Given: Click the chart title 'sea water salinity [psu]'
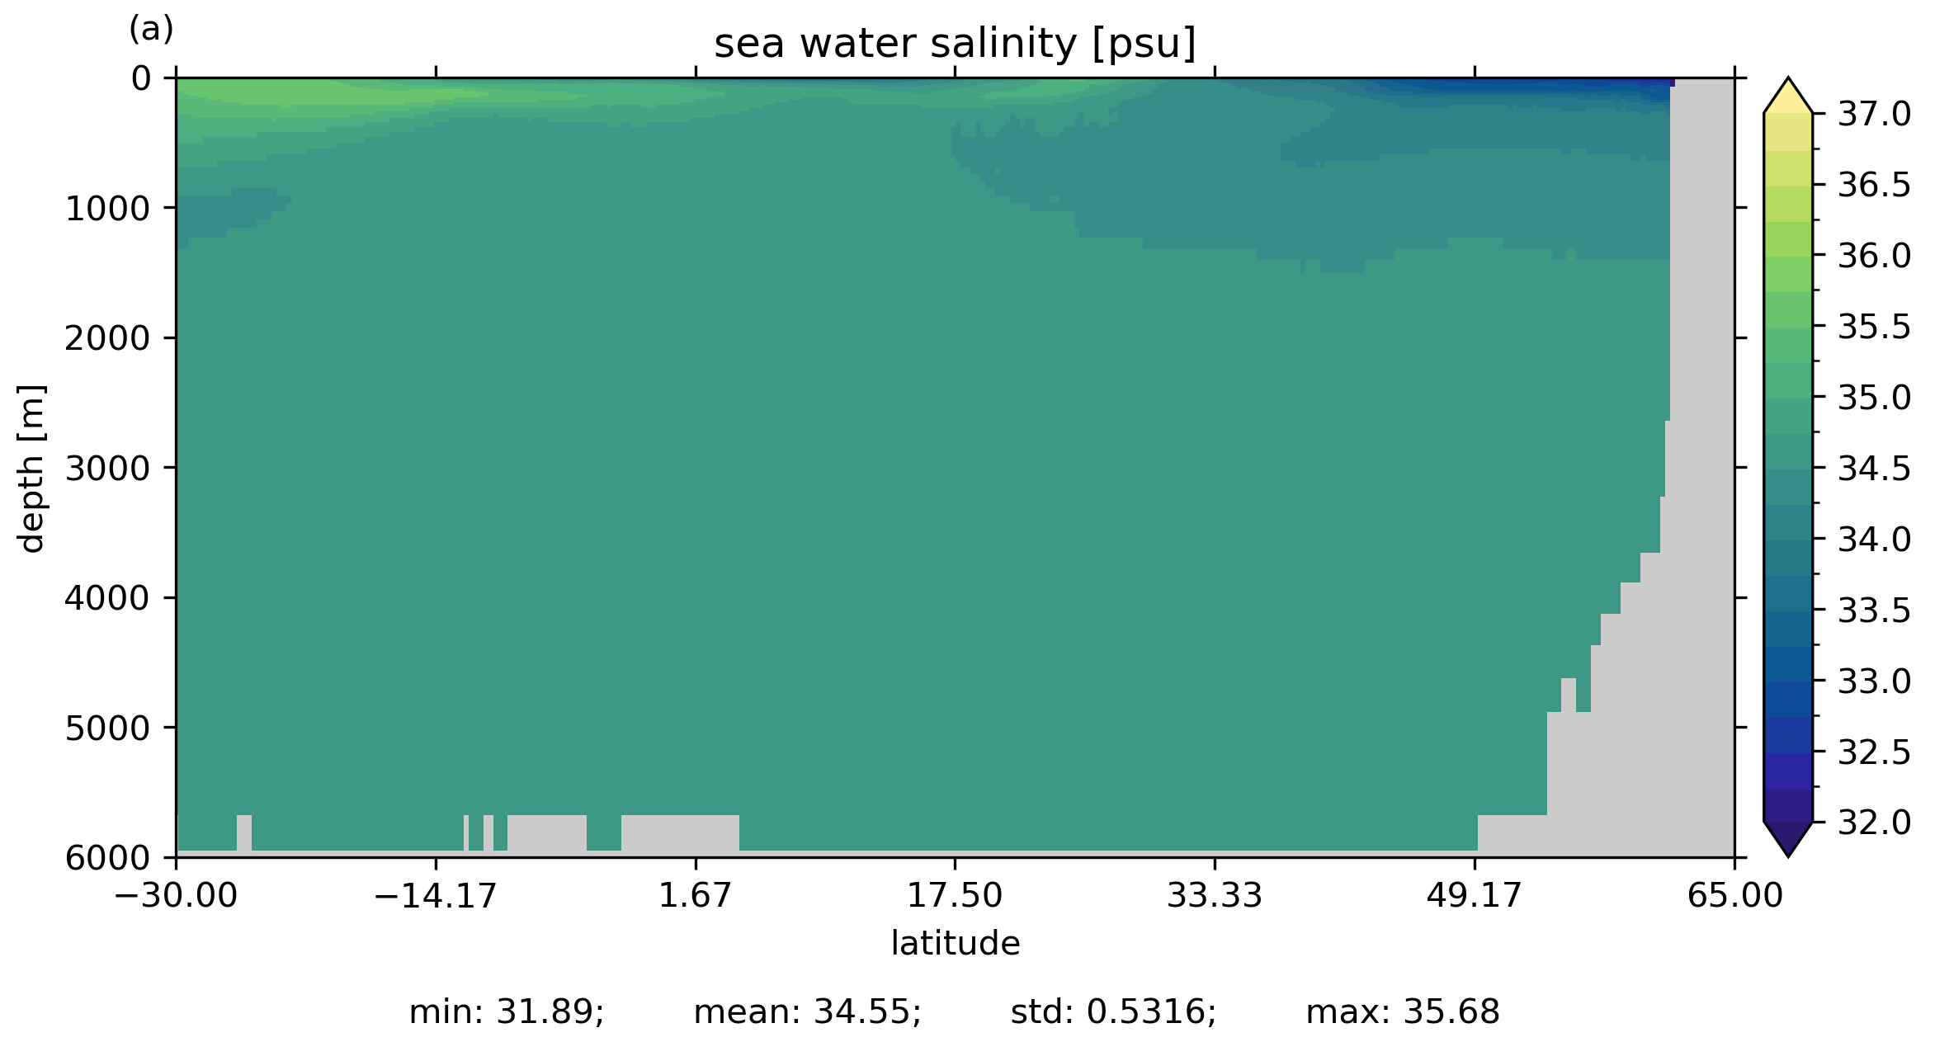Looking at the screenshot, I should [x=955, y=44].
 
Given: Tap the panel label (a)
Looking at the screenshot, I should [x=151, y=30].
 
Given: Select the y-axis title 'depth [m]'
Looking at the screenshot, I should [x=31, y=468].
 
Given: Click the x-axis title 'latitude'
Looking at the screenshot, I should [x=955, y=943].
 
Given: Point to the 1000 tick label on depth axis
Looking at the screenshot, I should [x=107, y=210].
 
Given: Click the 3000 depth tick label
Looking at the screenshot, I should [x=107, y=469].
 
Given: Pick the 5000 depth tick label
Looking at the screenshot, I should [x=107, y=728].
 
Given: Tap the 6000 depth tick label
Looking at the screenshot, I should [x=107, y=858].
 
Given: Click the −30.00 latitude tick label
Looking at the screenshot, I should [x=176, y=895].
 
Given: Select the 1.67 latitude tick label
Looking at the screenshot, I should [x=695, y=895].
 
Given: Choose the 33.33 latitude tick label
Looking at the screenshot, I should [x=1214, y=895].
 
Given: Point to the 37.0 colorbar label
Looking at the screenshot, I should [x=1874, y=115].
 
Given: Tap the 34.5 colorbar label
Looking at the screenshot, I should [x=1874, y=469].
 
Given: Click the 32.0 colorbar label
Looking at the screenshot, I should [x=1874, y=823].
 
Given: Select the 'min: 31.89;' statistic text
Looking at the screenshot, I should [x=507, y=1012].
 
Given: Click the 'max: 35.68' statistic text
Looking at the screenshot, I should [x=1402, y=1012].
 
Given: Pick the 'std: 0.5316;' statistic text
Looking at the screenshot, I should [x=1113, y=1012].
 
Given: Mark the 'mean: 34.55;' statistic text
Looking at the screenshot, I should [x=807, y=1012].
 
